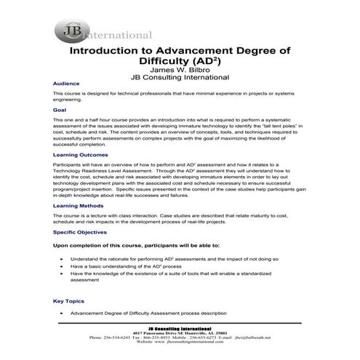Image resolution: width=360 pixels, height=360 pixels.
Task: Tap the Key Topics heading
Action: tap(68, 300)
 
